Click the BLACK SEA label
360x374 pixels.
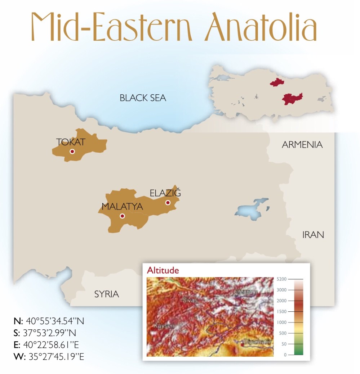click(143, 98)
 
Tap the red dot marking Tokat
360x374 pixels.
click(72, 152)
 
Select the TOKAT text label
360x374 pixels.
click(71, 142)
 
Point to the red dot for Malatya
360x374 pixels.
click(122, 216)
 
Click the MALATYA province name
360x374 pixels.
click(122, 207)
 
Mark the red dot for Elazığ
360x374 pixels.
click(168, 203)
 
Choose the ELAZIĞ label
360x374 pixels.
click(165, 193)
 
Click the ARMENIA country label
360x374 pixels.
click(302, 145)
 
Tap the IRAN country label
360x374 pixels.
click(313, 235)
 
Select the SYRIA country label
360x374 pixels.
click(106, 294)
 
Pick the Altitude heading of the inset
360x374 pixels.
click(163, 270)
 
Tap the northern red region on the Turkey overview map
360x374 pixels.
click(277, 83)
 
